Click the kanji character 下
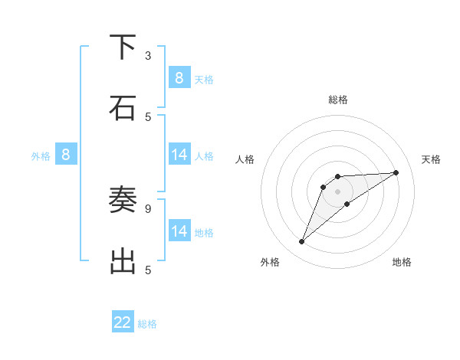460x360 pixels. pos(123,47)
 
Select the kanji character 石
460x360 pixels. pos(123,107)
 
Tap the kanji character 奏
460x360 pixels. pos(123,200)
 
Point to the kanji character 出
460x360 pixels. pos(123,260)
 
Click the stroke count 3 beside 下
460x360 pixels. pos(148,55)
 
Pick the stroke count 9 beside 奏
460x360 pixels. pos(148,208)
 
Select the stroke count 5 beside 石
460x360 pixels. pos(148,116)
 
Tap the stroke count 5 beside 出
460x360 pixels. pos(148,270)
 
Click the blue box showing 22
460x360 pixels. pos(123,322)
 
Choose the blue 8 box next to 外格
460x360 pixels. pos(66,155)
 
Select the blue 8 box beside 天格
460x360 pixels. pos(179,77)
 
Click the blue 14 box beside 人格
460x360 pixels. pos(179,155)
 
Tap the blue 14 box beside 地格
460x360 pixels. pos(179,231)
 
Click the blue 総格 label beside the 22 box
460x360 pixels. pos(147,324)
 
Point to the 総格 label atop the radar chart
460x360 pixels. pos(337,100)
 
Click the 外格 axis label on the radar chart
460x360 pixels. pos(270,262)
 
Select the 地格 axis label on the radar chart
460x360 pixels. pos(402,262)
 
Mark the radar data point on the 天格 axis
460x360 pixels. pos(396,172)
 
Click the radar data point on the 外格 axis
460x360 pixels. pos(302,242)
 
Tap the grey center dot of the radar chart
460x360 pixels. pos(337,191)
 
